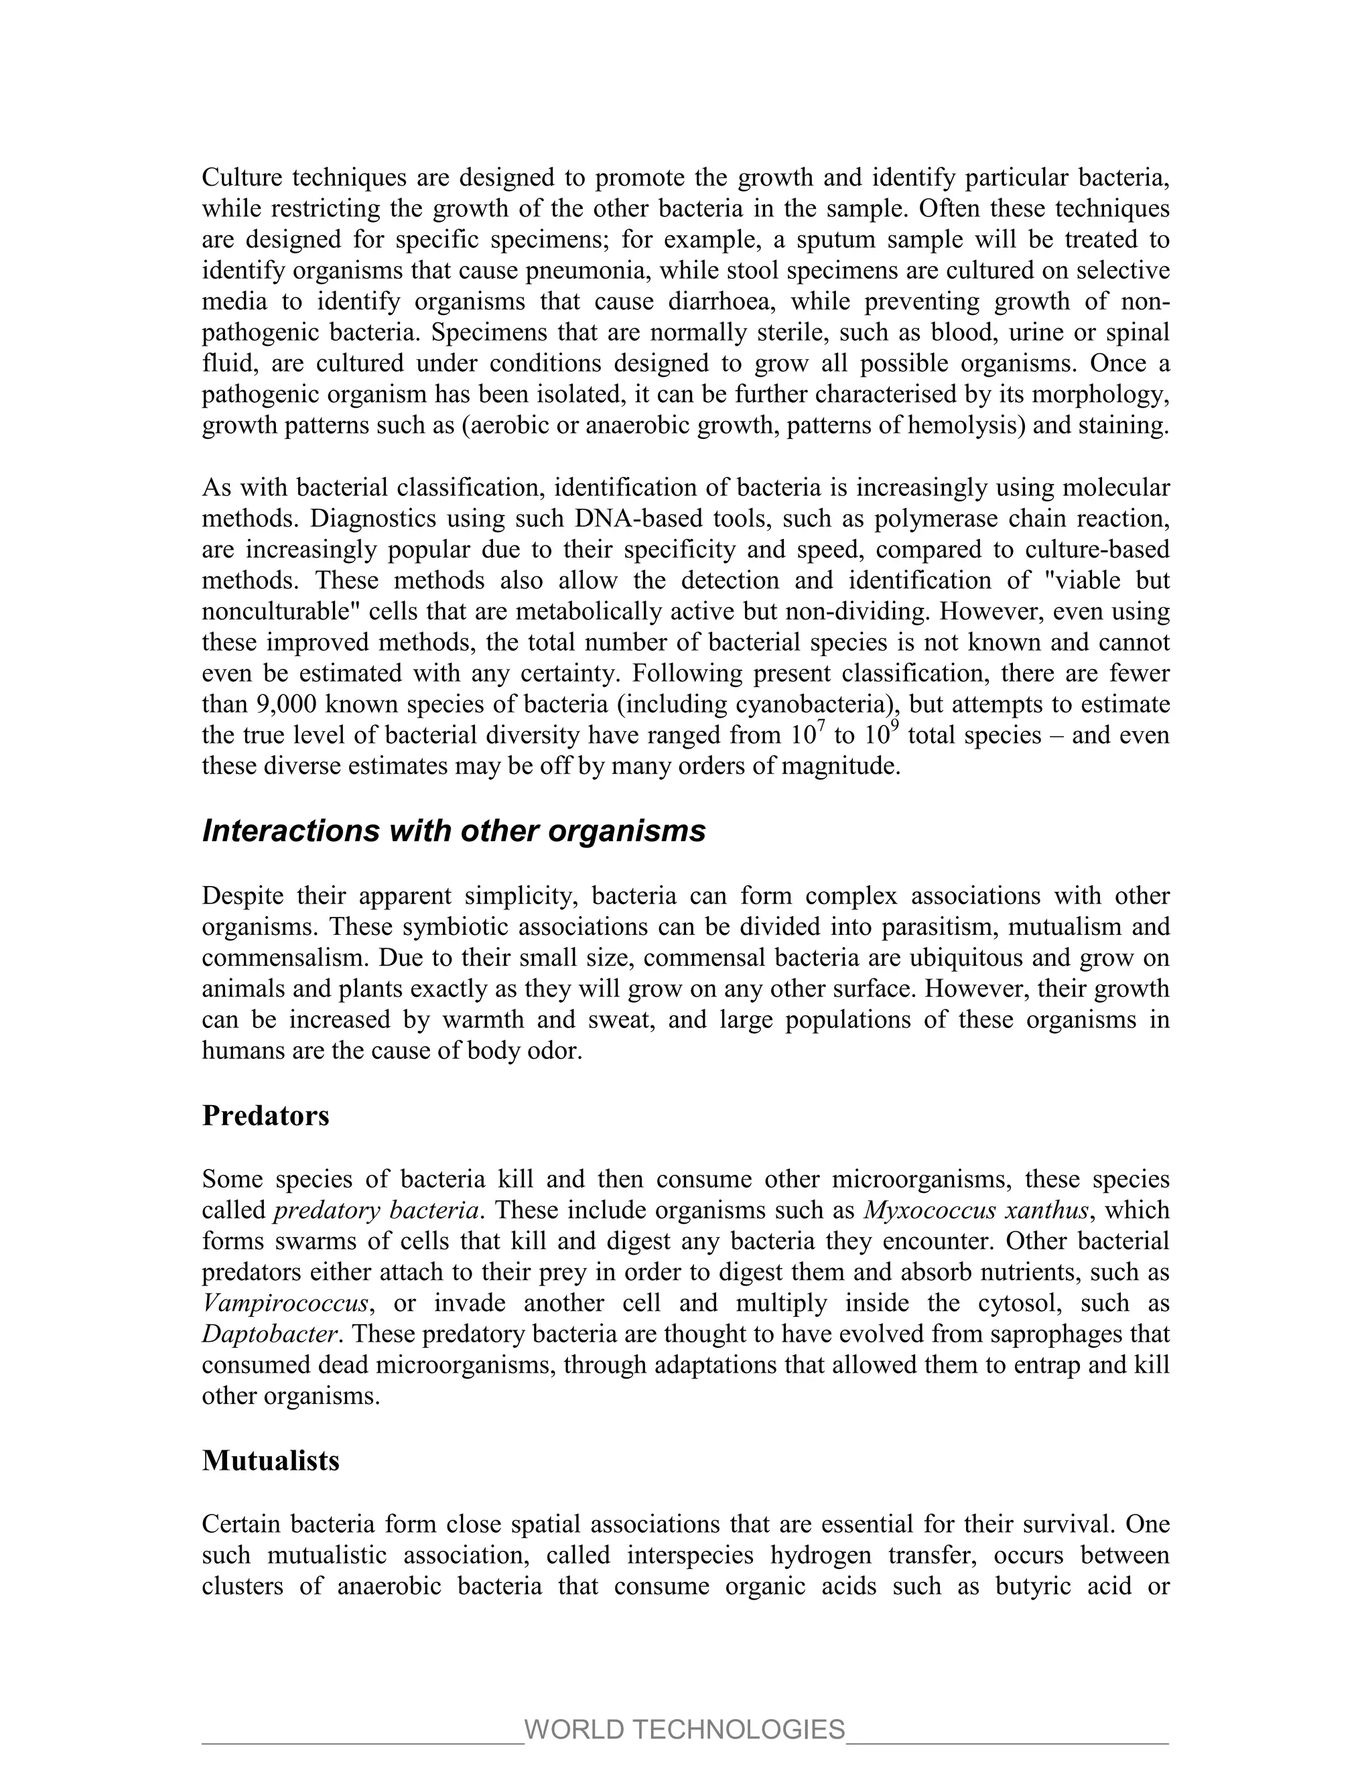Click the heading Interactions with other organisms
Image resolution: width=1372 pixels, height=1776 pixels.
coord(454,831)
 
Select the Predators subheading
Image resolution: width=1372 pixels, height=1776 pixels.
coord(266,1115)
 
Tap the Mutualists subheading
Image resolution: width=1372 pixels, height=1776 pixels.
coord(271,1460)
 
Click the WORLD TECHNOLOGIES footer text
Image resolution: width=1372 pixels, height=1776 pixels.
coord(685,1729)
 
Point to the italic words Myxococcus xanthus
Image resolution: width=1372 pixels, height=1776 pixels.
coord(976,1210)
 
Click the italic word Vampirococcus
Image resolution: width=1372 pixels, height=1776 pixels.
coord(285,1303)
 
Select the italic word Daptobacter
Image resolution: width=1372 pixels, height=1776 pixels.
coord(269,1334)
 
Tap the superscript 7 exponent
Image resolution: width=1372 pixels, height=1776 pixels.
coord(821,726)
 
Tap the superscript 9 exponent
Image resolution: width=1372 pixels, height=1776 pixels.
coord(894,726)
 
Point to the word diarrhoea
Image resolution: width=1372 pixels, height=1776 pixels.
coord(721,302)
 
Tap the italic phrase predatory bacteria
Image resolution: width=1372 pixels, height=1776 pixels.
coord(376,1210)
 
